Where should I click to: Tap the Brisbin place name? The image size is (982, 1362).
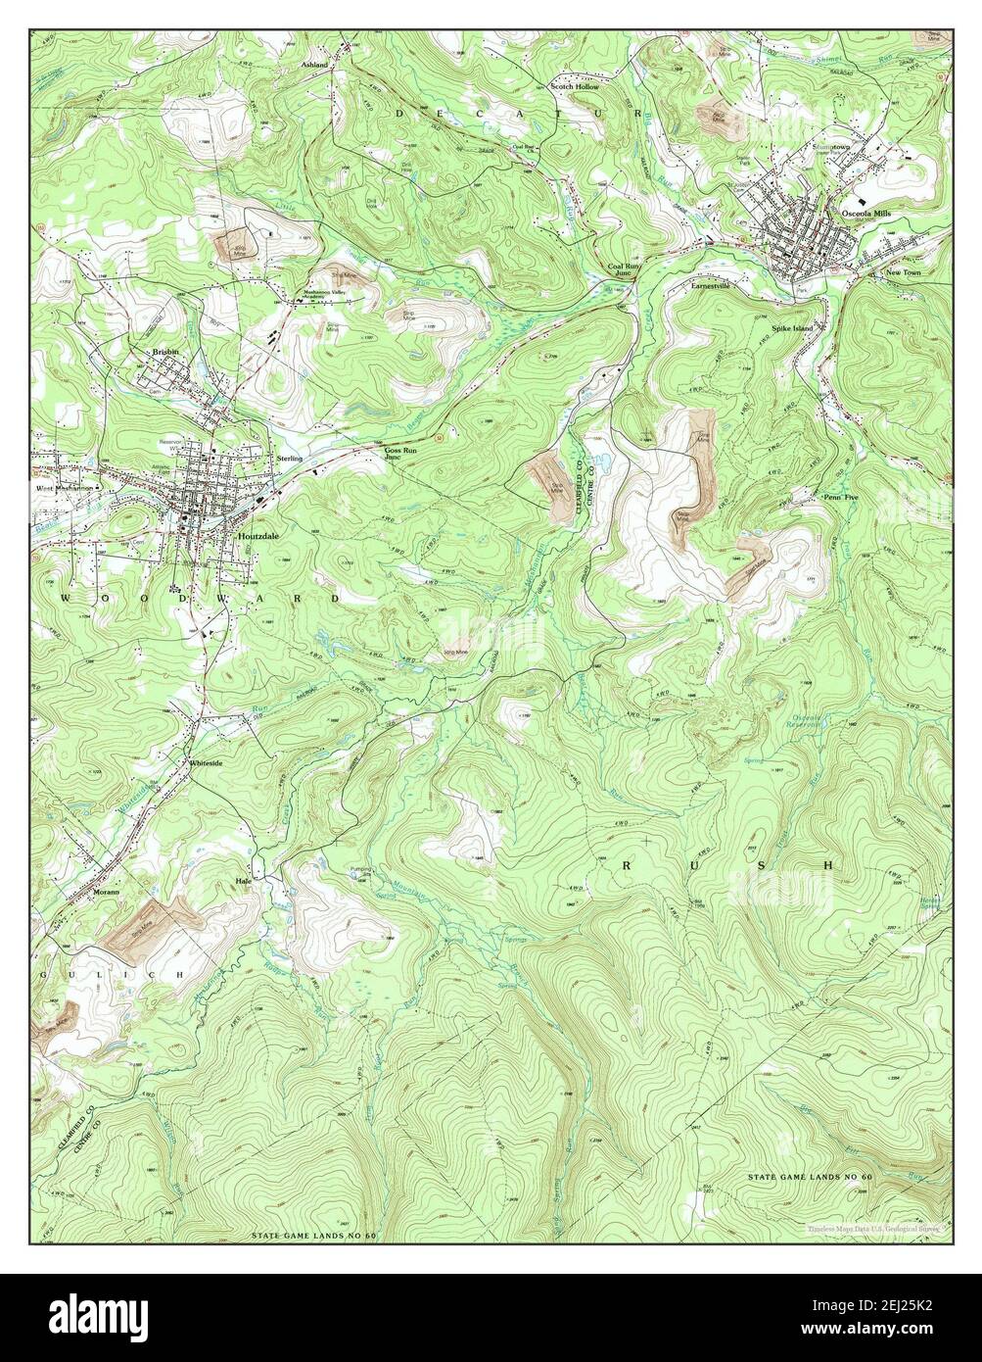coord(164,352)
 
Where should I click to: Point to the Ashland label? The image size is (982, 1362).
coord(316,63)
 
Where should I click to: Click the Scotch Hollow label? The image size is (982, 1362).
coord(575,87)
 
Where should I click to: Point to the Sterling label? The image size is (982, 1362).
coord(290,458)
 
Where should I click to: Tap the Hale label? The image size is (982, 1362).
coord(244,881)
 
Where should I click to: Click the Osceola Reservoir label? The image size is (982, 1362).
coord(812,722)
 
